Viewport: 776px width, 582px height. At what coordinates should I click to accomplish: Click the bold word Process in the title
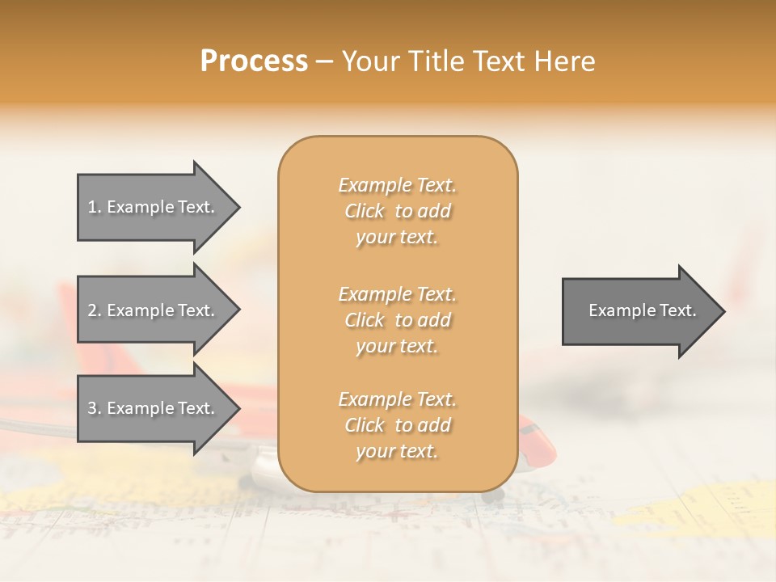(x=254, y=61)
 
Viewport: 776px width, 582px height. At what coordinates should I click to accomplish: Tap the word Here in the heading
(x=565, y=61)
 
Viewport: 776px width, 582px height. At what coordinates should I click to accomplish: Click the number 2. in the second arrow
(x=95, y=310)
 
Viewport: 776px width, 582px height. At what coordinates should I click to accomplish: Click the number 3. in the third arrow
(x=95, y=408)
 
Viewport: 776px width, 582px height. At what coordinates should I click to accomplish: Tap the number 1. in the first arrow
(x=95, y=207)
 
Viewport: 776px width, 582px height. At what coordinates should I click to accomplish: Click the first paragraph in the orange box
(x=397, y=211)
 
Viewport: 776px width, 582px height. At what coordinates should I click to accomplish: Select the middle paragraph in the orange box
(x=397, y=320)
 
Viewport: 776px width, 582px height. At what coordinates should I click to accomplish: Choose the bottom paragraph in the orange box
(x=397, y=425)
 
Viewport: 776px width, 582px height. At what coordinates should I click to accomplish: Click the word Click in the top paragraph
(x=365, y=211)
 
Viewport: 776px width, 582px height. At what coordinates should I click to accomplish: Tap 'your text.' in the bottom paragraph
(x=397, y=451)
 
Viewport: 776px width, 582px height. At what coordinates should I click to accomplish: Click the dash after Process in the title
(x=324, y=62)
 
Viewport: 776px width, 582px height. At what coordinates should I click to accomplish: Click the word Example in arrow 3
(x=139, y=408)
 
